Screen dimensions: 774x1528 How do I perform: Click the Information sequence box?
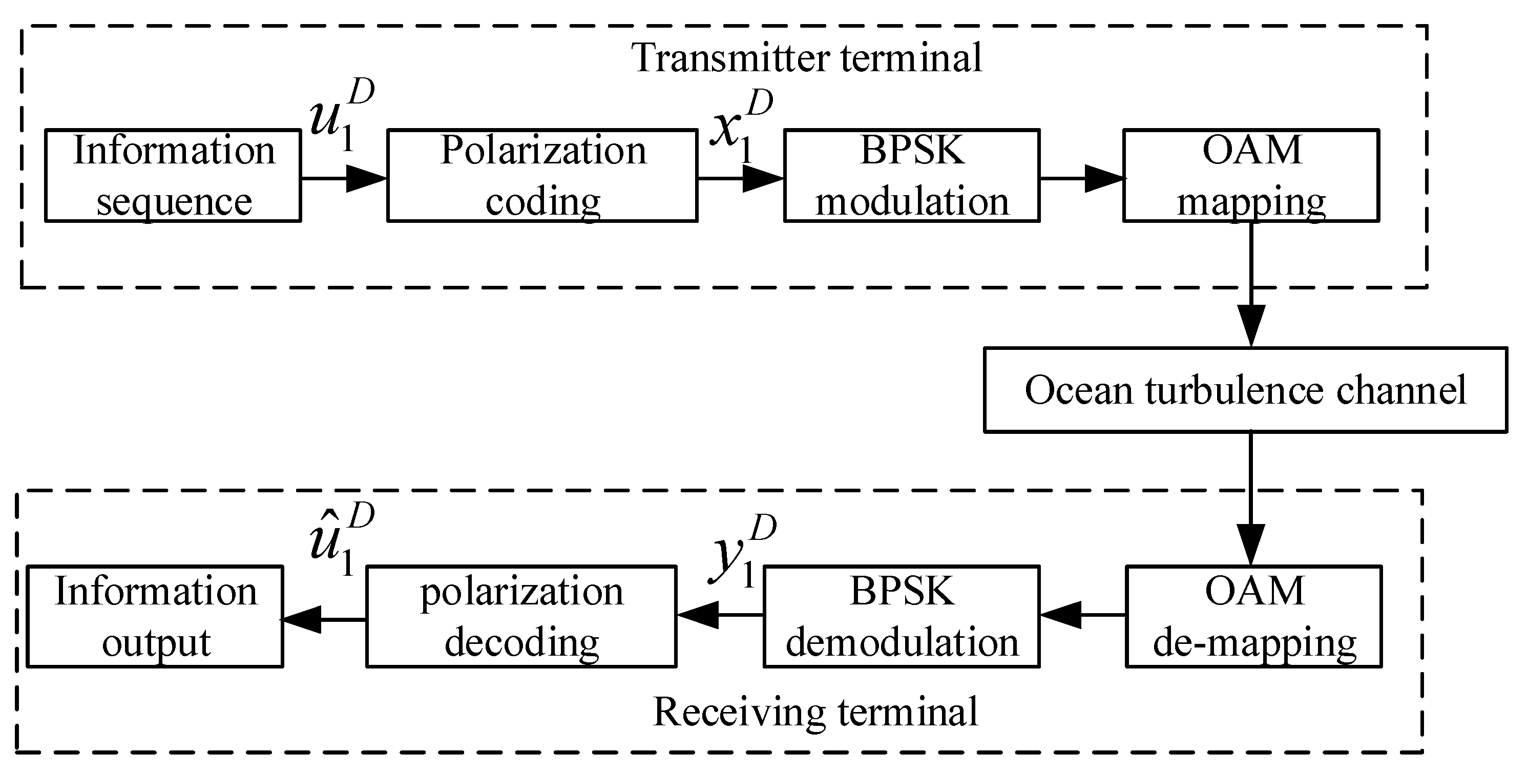coord(173,176)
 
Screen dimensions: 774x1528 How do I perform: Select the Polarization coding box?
coord(542,176)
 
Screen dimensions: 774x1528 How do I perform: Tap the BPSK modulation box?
coord(912,176)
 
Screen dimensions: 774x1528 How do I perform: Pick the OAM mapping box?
coord(1250,176)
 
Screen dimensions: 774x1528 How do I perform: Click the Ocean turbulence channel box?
coord(1245,390)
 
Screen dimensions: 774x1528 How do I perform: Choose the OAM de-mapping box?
coord(1253,616)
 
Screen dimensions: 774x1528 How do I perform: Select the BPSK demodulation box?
coord(901,616)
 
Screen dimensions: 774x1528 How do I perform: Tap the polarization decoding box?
coord(521,616)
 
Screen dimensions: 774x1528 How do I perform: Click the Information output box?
coord(155,616)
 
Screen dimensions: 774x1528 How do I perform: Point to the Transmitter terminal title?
coord(806,58)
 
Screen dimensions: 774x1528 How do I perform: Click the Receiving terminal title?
coord(815,712)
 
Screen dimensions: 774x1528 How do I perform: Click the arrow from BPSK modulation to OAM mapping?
coord(1081,178)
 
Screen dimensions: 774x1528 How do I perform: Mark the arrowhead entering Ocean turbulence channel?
coord(1251,326)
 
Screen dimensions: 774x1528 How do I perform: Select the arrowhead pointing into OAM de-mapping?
coord(1251,545)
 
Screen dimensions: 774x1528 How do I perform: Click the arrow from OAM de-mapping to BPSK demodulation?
coord(1081,615)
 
